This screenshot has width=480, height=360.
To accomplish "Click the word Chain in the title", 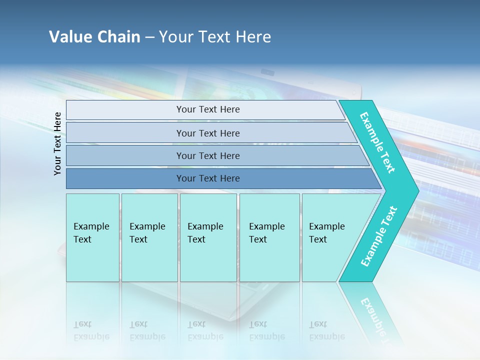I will [118, 37].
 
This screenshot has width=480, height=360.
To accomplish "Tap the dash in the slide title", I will [149, 37].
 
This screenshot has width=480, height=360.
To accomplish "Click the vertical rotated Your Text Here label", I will [57, 143].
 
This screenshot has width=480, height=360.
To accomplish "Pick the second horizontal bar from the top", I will [208, 133].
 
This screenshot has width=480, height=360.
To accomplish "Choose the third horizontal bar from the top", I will [208, 155].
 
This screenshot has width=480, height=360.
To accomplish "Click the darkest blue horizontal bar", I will [208, 178].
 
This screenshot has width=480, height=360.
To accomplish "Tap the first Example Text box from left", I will [92, 237].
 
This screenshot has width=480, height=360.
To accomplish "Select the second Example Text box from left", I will [149, 237].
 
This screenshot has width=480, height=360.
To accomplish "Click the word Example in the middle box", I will [205, 226].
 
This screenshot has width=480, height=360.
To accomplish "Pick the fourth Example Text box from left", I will [269, 237].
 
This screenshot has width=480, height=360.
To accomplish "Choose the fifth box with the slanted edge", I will [330, 237].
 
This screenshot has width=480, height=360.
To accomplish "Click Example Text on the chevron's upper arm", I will [377, 143].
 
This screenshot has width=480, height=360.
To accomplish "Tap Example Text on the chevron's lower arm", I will [378, 236].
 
